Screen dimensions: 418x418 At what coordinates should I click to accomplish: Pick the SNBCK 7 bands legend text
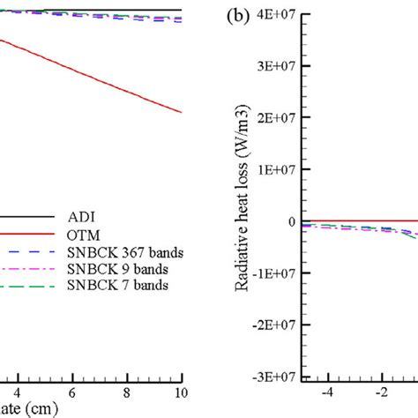point(111,286)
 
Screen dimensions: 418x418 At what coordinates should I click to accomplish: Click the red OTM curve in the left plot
point(106,79)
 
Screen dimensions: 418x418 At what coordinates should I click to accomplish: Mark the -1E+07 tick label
point(272,272)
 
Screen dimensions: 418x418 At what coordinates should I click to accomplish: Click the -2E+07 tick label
point(272,325)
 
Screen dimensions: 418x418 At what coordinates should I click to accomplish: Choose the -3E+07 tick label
point(272,377)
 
